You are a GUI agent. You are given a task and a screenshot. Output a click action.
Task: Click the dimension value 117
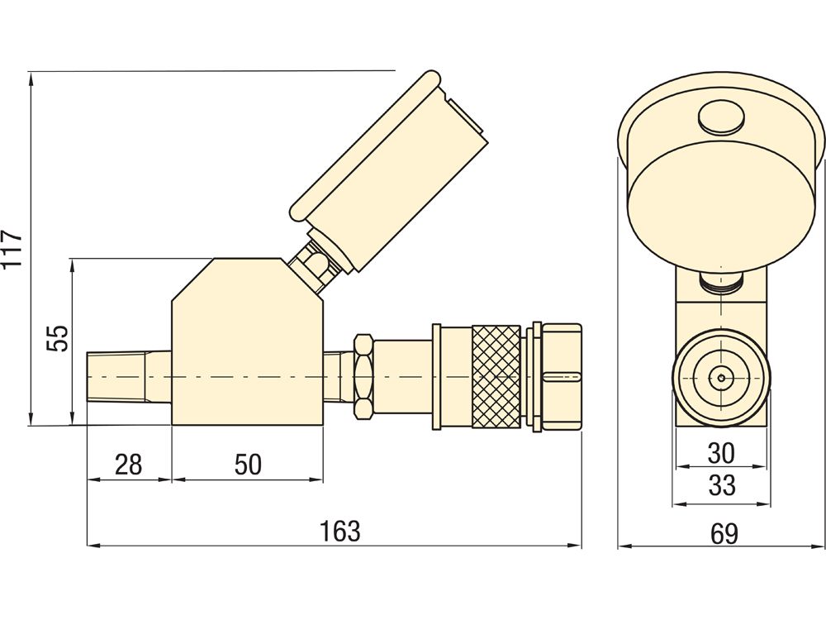pyautogui.click(x=12, y=248)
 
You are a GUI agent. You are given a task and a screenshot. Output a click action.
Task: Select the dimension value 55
pyautogui.click(x=56, y=339)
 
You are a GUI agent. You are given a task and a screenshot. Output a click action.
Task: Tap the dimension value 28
pyautogui.click(x=128, y=465)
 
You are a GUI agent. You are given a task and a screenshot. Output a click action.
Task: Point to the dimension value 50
pyautogui.click(x=247, y=465)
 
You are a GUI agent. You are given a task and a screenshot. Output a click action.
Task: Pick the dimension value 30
pyautogui.click(x=721, y=453)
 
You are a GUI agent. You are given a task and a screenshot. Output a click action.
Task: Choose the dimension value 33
pyautogui.click(x=721, y=485)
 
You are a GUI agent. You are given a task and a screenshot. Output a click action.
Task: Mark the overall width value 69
pyautogui.click(x=724, y=533)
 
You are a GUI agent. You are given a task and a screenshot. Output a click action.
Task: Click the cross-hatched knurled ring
pyautogui.click(x=496, y=376)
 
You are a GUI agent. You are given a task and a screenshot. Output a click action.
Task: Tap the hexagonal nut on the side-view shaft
pyautogui.click(x=363, y=376)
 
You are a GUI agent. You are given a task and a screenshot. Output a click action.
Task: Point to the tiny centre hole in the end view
pyautogui.click(x=721, y=378)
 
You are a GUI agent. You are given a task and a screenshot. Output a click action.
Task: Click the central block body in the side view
pyautogui.click(x=247, y=347)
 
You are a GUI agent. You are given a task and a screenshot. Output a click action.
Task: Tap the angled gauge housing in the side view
pyautogui.click(x=388, y=174)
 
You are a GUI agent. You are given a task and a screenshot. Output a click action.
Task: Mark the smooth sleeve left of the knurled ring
pyautogui.click(x=453, y=376)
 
